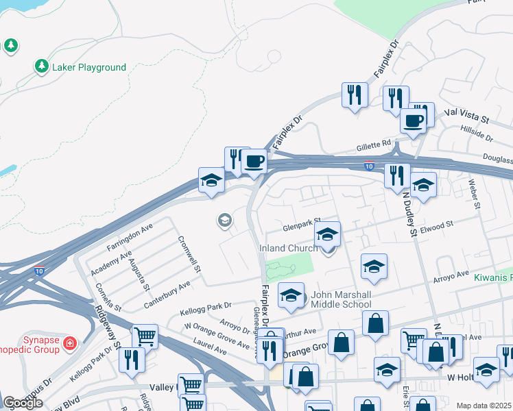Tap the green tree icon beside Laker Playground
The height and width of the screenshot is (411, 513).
pyautogui.click(x=42, y=66)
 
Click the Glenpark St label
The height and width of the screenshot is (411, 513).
pyautogui.click(x=302, y=227)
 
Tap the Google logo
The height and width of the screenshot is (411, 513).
pyautogui.click(x=23, y=403)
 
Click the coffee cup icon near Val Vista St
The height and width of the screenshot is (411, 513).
pyautogui.click(x=414, y=121)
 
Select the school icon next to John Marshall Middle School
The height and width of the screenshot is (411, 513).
pyautogui.click(x=291, y=296)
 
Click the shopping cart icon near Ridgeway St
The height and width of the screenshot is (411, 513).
pyautogui.click(x=144, y=336)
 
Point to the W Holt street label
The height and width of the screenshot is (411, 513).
pyautogui.click(x=461, y=377)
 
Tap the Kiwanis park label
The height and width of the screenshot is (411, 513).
pyautogui.click(x=492, y=278)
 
